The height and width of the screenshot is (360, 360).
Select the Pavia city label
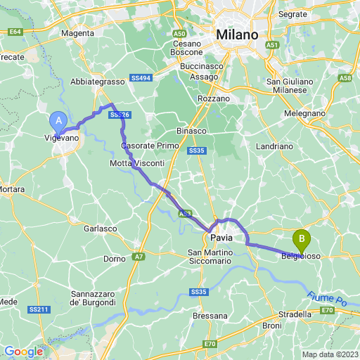(221, 238)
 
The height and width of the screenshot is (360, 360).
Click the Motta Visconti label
(137, 163)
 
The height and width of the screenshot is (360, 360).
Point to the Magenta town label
(78, 33)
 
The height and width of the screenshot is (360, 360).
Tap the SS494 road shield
(141, 77)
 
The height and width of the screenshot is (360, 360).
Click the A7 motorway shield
(139, 257)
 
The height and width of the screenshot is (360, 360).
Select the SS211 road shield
(39, 309)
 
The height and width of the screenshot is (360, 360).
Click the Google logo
(23, 352)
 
